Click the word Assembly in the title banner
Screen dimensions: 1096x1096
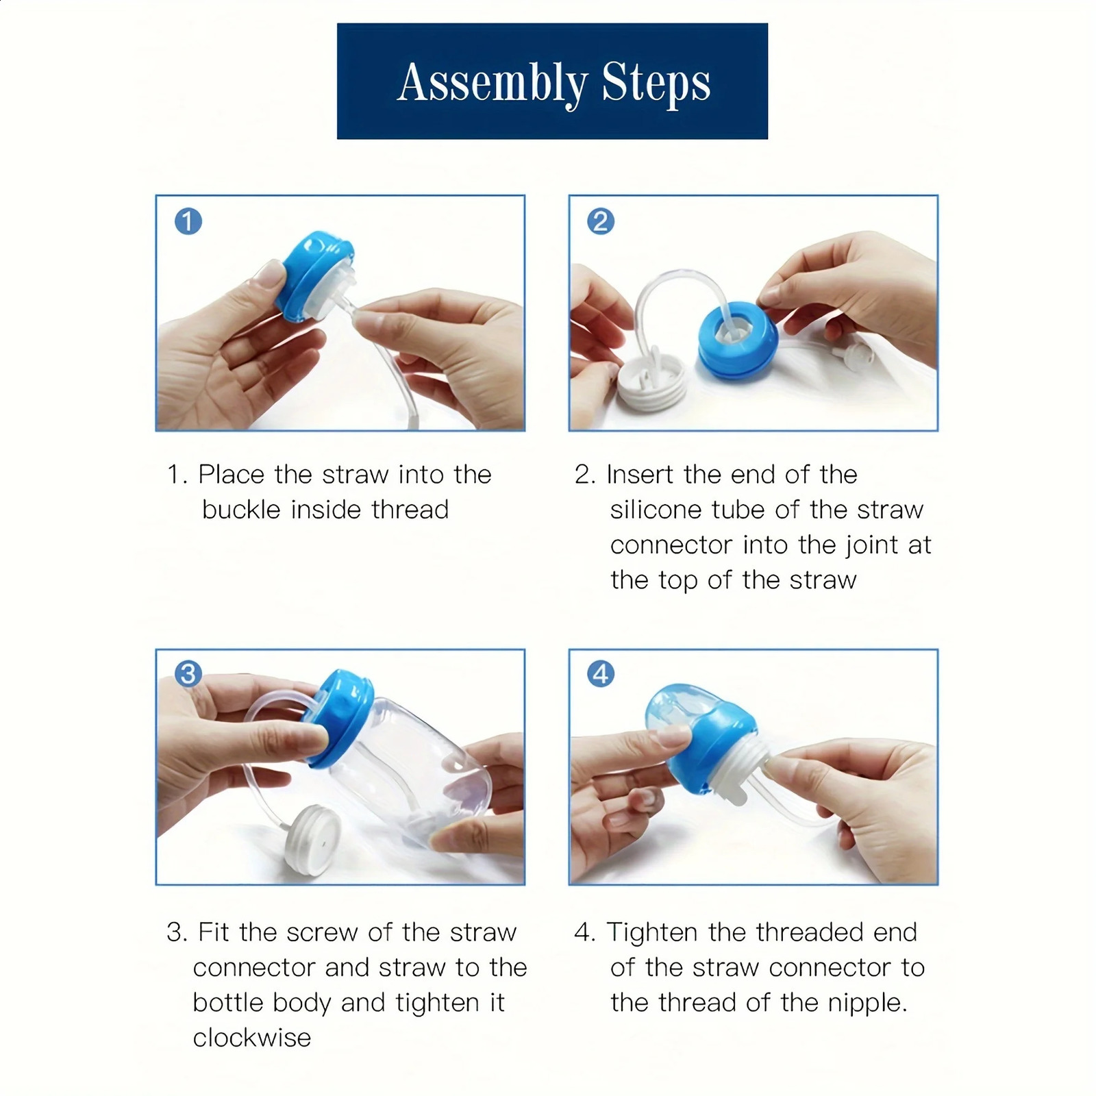click(x=492, y=84)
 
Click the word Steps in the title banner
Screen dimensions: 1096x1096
click(x=656, y=82)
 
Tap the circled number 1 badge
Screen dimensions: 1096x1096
click(x=188, y=221)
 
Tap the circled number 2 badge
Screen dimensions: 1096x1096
click(x=601, y=221)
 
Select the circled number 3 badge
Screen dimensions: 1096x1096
click(x=188, y=674)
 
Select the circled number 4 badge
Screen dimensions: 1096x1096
click(x=601, y=674)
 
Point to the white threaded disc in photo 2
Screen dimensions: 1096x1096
click(x=651, y=384)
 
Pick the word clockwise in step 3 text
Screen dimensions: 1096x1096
click(x=251, y=1038)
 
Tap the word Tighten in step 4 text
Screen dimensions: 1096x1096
click(x=653, y=933)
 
